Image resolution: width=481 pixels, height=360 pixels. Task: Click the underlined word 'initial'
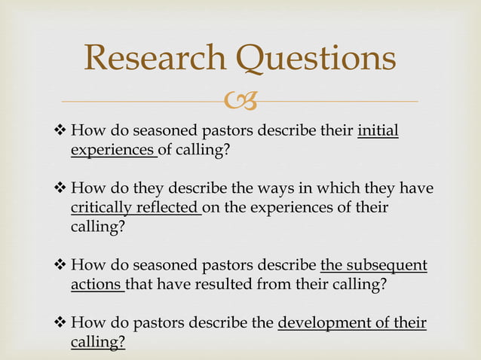378,133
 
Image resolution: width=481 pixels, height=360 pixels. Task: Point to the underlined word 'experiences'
112,151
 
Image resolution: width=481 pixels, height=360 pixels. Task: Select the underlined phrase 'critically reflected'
133,208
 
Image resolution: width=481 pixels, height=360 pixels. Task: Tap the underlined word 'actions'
96,284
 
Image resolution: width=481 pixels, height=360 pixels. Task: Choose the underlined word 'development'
324,324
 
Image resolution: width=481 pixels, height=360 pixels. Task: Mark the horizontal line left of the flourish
143,101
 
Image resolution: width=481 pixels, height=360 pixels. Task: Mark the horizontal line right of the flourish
339,101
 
